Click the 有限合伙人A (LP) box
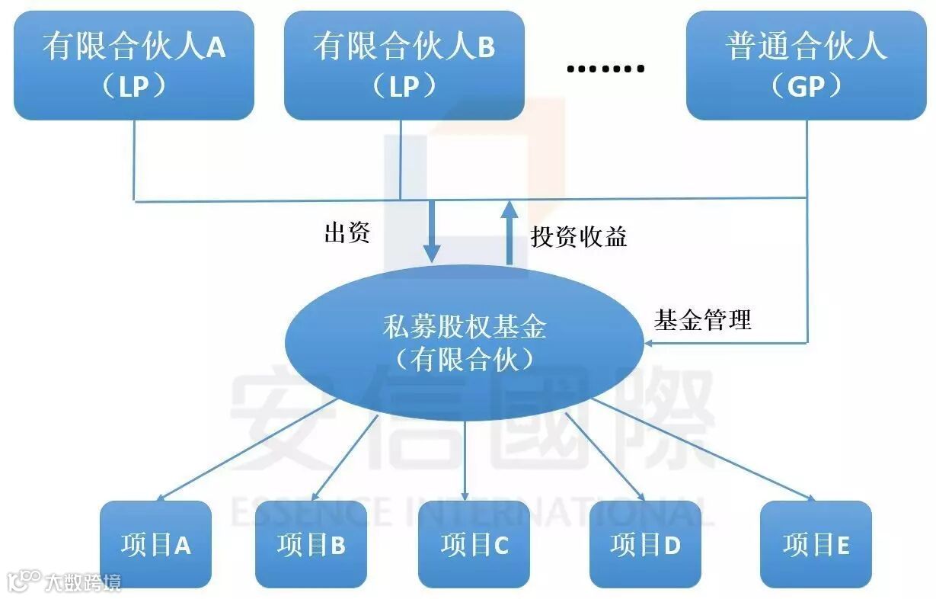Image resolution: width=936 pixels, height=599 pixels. [134, 66]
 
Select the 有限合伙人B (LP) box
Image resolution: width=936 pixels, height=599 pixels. [404, 66]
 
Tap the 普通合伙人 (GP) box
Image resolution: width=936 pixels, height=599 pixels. [806, 66]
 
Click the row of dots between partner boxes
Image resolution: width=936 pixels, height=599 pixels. [605, 69]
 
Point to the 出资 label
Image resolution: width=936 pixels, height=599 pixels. [347, 233]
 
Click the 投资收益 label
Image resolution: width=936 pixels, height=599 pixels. [579, 236]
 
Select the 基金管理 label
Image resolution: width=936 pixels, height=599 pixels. [702, 319]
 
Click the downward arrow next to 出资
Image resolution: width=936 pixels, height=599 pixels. [432, 232]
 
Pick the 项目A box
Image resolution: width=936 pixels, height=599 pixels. [155, 544]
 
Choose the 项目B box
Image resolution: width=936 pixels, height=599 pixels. [311, 544]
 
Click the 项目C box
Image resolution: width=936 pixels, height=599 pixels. [474, 544]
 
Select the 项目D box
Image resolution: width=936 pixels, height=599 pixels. [645, 544]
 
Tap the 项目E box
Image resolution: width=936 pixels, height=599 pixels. [816, 544]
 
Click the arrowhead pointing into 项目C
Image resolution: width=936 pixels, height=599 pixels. [465, 495]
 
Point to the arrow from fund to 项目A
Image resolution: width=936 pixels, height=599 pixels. [244, 450]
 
